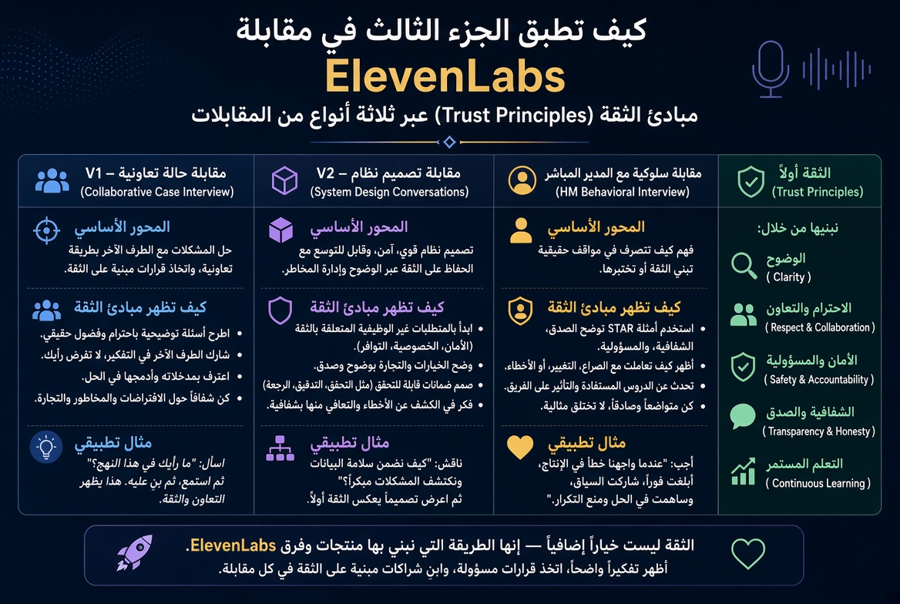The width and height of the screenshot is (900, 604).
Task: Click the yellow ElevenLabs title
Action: [445, 77]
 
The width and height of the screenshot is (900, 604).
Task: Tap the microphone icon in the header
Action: [771, 69]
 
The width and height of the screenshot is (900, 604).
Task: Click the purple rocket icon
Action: [136, 553]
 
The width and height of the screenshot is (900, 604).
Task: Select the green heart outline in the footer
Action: [748, 553]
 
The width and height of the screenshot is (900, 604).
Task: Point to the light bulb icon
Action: [46, 447]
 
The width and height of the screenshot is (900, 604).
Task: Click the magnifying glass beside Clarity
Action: [744, 266]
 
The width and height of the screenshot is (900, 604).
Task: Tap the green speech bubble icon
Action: [742, 416]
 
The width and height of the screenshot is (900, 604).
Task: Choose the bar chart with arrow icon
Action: [744, 471]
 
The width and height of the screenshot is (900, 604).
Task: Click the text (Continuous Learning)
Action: [818, 483]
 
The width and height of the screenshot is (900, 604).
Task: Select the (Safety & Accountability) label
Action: [818, 380]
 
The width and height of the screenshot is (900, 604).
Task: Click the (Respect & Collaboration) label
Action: [820, 327]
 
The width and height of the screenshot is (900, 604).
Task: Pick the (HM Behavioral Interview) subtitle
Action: [622, 192]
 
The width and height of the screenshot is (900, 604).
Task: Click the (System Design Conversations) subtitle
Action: [389, 192]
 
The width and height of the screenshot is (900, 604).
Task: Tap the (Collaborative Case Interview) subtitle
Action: [156, 192]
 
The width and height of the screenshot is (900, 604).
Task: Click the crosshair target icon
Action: [46, 231]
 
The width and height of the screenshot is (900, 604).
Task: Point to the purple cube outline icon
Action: [284, 180]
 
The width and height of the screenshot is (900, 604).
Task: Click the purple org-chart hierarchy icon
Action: [280, 448]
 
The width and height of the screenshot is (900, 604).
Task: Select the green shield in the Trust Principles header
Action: [751, 182]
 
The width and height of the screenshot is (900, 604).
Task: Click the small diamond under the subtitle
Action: [449, 142]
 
